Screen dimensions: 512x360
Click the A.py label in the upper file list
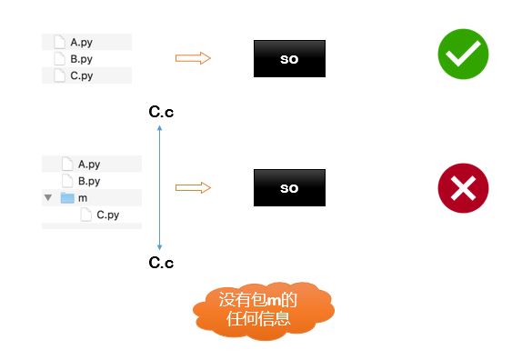point(81,43)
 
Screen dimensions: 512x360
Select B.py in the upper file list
point(81,59)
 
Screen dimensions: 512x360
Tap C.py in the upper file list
point(82,75)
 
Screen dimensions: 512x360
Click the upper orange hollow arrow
point(193,58)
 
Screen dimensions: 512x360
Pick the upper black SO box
point(289,59)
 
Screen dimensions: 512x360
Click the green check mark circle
point(463,54)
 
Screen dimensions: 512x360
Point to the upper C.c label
point(161,112)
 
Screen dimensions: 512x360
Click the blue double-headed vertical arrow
point(160,187)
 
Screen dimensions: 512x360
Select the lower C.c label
point(161,263)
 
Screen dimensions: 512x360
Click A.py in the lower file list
point(89,165)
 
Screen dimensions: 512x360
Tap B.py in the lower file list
point(89,181)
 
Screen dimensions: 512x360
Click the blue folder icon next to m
point(67,197)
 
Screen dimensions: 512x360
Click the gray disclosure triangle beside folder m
point(48,197)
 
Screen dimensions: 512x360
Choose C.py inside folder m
point(107,215)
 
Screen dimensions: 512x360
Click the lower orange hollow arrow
point(193,187)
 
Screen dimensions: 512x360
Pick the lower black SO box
point(289,187)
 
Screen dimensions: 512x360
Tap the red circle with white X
point(463,188)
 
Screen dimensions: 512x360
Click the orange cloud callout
point(264,310)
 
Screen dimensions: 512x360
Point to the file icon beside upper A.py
point(60,42)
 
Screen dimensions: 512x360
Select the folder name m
point(83,198)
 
